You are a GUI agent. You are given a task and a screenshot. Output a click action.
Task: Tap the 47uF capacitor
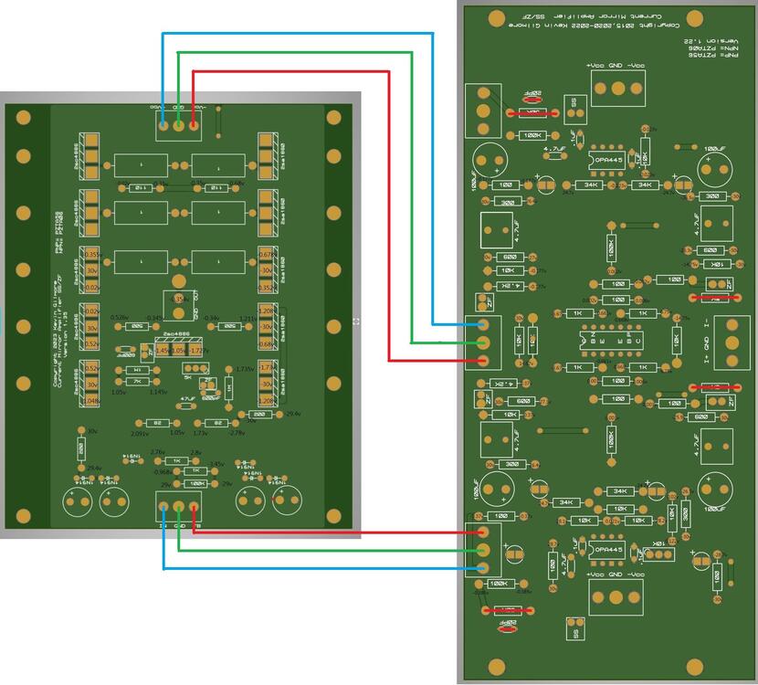(187, 399)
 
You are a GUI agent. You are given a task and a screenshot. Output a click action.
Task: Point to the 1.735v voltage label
(244, 369)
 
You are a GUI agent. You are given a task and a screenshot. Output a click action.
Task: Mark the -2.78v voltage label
(237, 433)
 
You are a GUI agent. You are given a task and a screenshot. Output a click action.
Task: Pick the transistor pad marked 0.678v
(267, 254)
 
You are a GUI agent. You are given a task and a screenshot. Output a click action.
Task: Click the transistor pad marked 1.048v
(91, 400)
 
